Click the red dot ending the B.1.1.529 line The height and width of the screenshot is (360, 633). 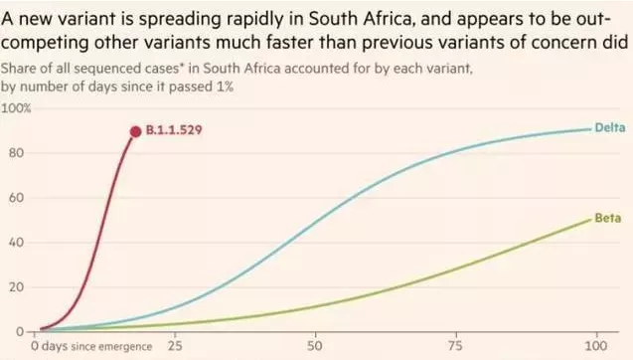135,131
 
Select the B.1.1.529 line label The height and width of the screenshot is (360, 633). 174,130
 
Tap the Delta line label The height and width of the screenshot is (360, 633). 610,127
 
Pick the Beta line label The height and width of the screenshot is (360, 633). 608,218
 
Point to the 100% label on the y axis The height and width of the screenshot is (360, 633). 16,108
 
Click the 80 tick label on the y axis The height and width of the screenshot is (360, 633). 16,153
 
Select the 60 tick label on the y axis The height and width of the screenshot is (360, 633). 16,198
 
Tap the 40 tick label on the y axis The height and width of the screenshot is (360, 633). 16,243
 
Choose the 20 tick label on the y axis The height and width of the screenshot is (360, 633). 16,287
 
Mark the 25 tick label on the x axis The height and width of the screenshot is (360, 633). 175,346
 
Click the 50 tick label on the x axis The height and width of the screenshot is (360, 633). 315,346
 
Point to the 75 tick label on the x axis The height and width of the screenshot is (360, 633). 456,346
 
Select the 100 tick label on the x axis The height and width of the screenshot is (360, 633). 596,346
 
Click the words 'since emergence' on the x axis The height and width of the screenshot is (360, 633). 111,347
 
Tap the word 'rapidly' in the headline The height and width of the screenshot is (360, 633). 256,20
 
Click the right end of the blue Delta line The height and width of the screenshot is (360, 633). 590,129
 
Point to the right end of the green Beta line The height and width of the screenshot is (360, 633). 590,220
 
